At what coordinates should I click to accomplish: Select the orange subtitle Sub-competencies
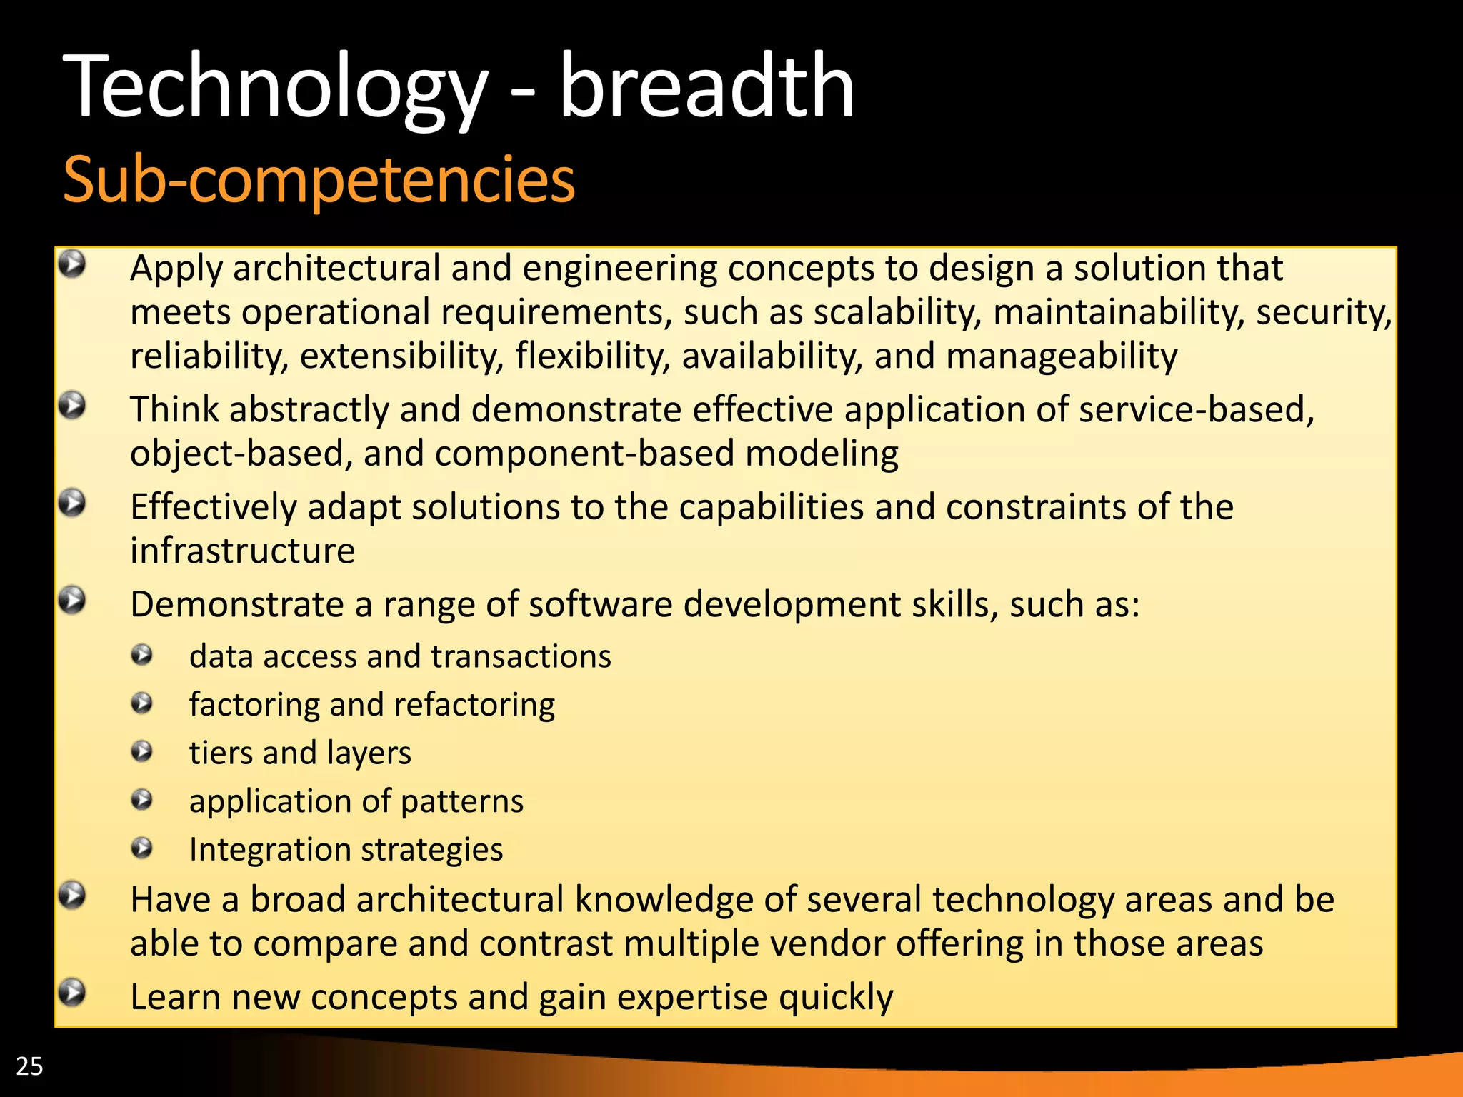(319, 180)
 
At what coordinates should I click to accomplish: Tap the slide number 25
(29, 1066)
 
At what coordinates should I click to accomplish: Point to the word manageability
(1062, 356)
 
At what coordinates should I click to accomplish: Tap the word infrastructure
(242, 551)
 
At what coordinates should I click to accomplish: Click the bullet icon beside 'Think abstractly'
(72, 406)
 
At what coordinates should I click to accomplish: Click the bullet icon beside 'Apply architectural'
(72, 264)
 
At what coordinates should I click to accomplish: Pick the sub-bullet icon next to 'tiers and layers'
(142, 751)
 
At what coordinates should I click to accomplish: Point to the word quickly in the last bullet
(836, 998)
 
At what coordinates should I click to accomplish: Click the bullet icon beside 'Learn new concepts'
(72, 993)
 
